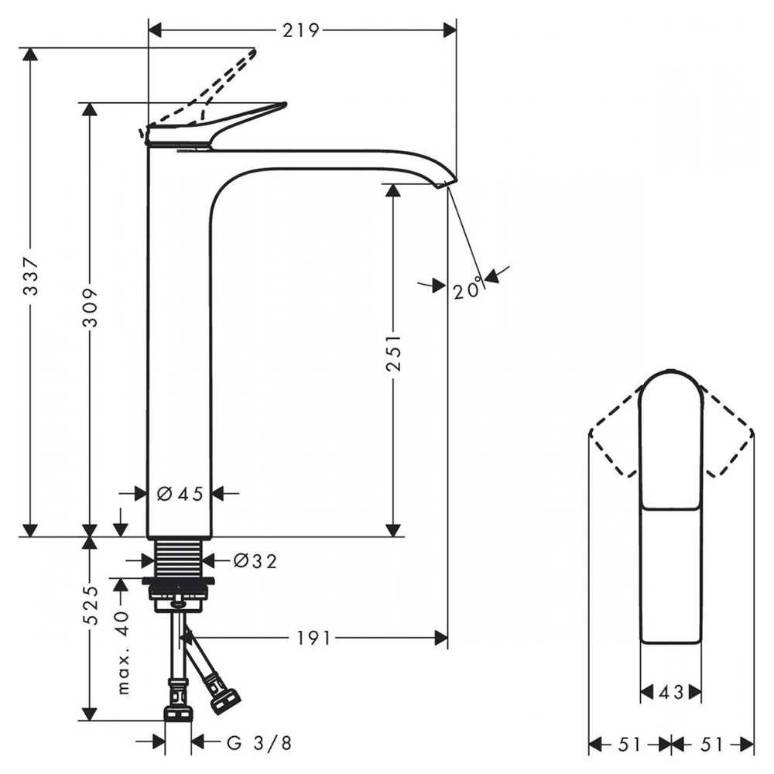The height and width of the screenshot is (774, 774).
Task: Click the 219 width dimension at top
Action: pos(300,31)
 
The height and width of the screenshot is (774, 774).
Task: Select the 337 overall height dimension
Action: pos(31,276)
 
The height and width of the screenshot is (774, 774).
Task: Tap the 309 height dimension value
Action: pos(89,309)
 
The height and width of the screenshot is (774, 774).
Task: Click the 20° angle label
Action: pos(467,289)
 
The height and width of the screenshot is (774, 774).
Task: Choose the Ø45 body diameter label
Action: pos(180,493)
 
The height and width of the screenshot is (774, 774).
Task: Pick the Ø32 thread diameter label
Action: pos(255,560)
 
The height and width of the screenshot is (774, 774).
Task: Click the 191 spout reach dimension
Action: pos(313,639)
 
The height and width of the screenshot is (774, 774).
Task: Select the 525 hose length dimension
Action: pos(90,605)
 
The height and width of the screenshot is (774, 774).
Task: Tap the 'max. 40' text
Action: pos(122,652)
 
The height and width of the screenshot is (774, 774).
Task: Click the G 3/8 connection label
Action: pos(259,742)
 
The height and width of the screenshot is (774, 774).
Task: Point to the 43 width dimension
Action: pos(671,692)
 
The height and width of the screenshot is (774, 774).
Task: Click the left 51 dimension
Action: pos(629,745)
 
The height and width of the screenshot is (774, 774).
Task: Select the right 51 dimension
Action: pos(712,745)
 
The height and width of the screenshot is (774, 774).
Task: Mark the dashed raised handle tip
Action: pos(255,50)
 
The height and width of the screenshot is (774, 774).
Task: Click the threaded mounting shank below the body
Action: pos(180,558)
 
